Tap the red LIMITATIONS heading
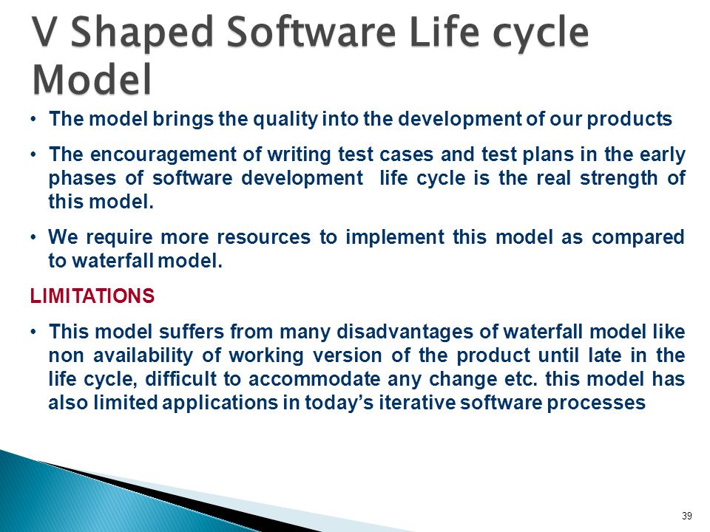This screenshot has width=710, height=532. click(x=92, y=296)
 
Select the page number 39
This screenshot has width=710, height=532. click(x=687, y=516)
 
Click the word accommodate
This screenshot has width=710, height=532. click(x=314, y=379)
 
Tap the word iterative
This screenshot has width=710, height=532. click(x=417, y=403)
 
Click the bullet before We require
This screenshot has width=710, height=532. click(x=33, y=237)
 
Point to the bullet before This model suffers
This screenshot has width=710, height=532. click(x=33, y=332)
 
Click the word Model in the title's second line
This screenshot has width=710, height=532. click(x=92, y=79)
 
